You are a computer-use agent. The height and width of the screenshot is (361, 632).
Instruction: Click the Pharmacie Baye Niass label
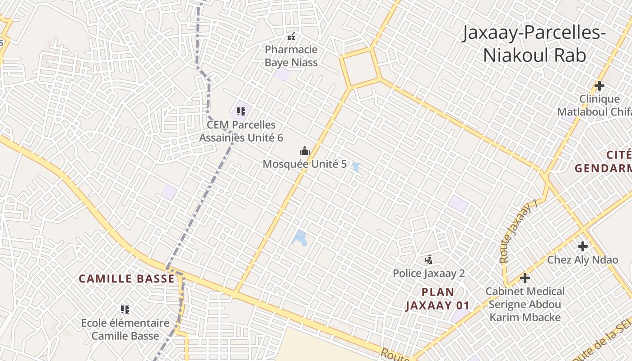click(x=291, y=56)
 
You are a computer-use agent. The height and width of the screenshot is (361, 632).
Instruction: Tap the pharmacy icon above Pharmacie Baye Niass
click(x=292, y=36)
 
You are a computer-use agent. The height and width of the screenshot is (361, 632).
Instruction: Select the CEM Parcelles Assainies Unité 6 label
click(x=241, y=131)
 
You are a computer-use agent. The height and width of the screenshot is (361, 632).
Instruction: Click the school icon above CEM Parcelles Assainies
click(x=241, y=111)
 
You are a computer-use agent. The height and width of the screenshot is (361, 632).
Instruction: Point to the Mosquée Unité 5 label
click(x=305, y=164)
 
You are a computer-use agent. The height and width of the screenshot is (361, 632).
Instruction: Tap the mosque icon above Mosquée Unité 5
click(x=305, y=151)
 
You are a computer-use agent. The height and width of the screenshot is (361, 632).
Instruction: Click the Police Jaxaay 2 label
click(x=428, y=273)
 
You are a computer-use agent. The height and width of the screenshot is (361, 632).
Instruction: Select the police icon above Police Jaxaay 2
click(x=428, y=259)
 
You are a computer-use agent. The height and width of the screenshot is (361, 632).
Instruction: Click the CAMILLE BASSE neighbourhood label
click(x=126, y=279)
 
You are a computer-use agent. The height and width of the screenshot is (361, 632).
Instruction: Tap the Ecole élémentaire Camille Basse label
click(x=125, y=329)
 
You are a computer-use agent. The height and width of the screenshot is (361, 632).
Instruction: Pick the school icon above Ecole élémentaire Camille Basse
click(x=125, y=309)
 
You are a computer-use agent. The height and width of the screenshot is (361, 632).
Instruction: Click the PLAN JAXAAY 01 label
click(x=437, y=299)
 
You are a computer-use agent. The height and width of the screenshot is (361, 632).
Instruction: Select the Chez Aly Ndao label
click(x=582, y=260)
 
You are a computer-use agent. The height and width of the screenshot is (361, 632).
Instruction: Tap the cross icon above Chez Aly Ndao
click(x=583, y=246)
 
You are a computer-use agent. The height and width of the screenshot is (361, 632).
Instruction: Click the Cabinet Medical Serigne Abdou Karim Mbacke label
click(x=525, y=304)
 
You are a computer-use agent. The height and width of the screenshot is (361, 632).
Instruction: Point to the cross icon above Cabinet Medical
click(x=525, y=278)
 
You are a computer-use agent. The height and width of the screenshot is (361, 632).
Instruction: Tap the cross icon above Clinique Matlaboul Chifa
click(x=599, y=85)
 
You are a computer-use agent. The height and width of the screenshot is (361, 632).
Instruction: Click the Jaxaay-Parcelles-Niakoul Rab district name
click(x=534, y=44)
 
